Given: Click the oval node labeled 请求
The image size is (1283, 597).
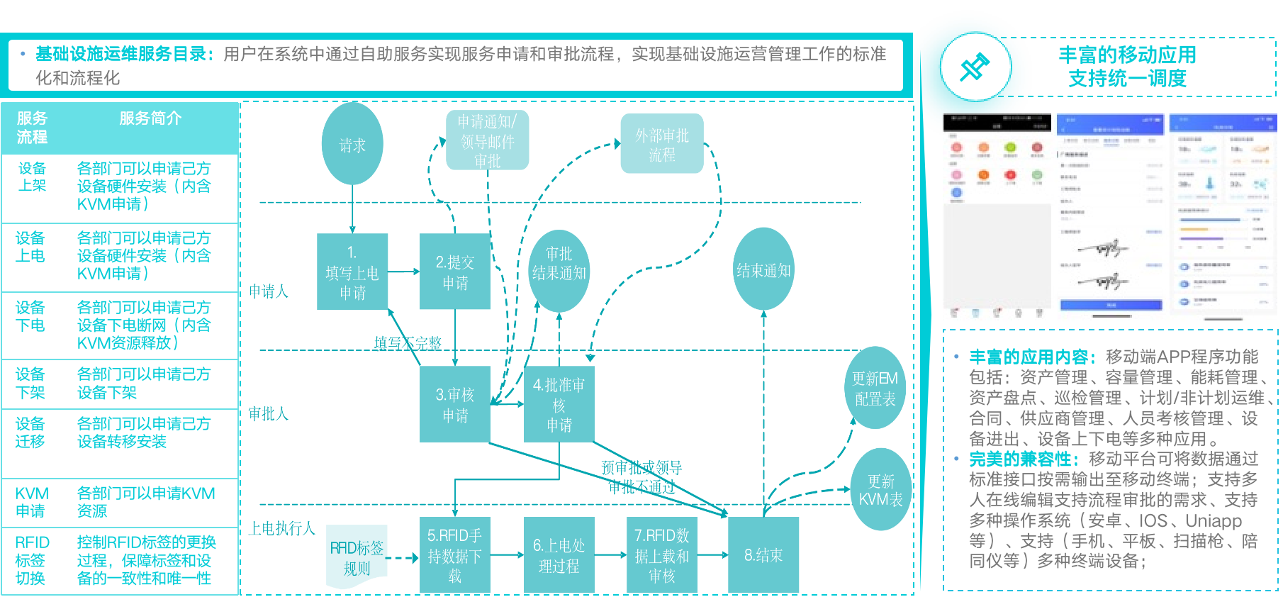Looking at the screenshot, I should [352, 145].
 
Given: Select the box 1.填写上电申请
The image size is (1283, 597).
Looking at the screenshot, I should [352, 272].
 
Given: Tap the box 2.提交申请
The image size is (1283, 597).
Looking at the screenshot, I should [455, 272].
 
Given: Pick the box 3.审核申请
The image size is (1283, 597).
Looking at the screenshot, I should [455, 404].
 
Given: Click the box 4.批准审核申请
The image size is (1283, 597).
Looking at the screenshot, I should [559, 404].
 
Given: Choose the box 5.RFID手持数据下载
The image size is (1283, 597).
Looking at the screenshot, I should [455, 555].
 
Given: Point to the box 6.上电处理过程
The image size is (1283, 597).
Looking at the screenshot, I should [559, 555].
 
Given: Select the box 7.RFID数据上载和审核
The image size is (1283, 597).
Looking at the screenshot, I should [662, 555].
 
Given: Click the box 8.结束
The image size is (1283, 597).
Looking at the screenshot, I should [763, 555].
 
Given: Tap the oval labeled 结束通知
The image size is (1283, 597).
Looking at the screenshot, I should [763, 269].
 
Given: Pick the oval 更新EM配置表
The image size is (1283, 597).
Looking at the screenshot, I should [875, 388].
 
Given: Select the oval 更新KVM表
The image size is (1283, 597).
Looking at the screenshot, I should [880, 489].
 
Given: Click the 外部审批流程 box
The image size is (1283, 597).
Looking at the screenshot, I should [662, 144].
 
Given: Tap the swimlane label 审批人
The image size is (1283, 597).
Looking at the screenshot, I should [269, 414].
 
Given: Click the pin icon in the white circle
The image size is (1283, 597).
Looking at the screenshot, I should [975, 67].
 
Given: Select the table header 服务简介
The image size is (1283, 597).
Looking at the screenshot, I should [150, 118].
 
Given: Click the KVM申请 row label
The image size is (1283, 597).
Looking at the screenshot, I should [32, 502].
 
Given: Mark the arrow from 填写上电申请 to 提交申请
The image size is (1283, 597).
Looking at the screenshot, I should [404, 272].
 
